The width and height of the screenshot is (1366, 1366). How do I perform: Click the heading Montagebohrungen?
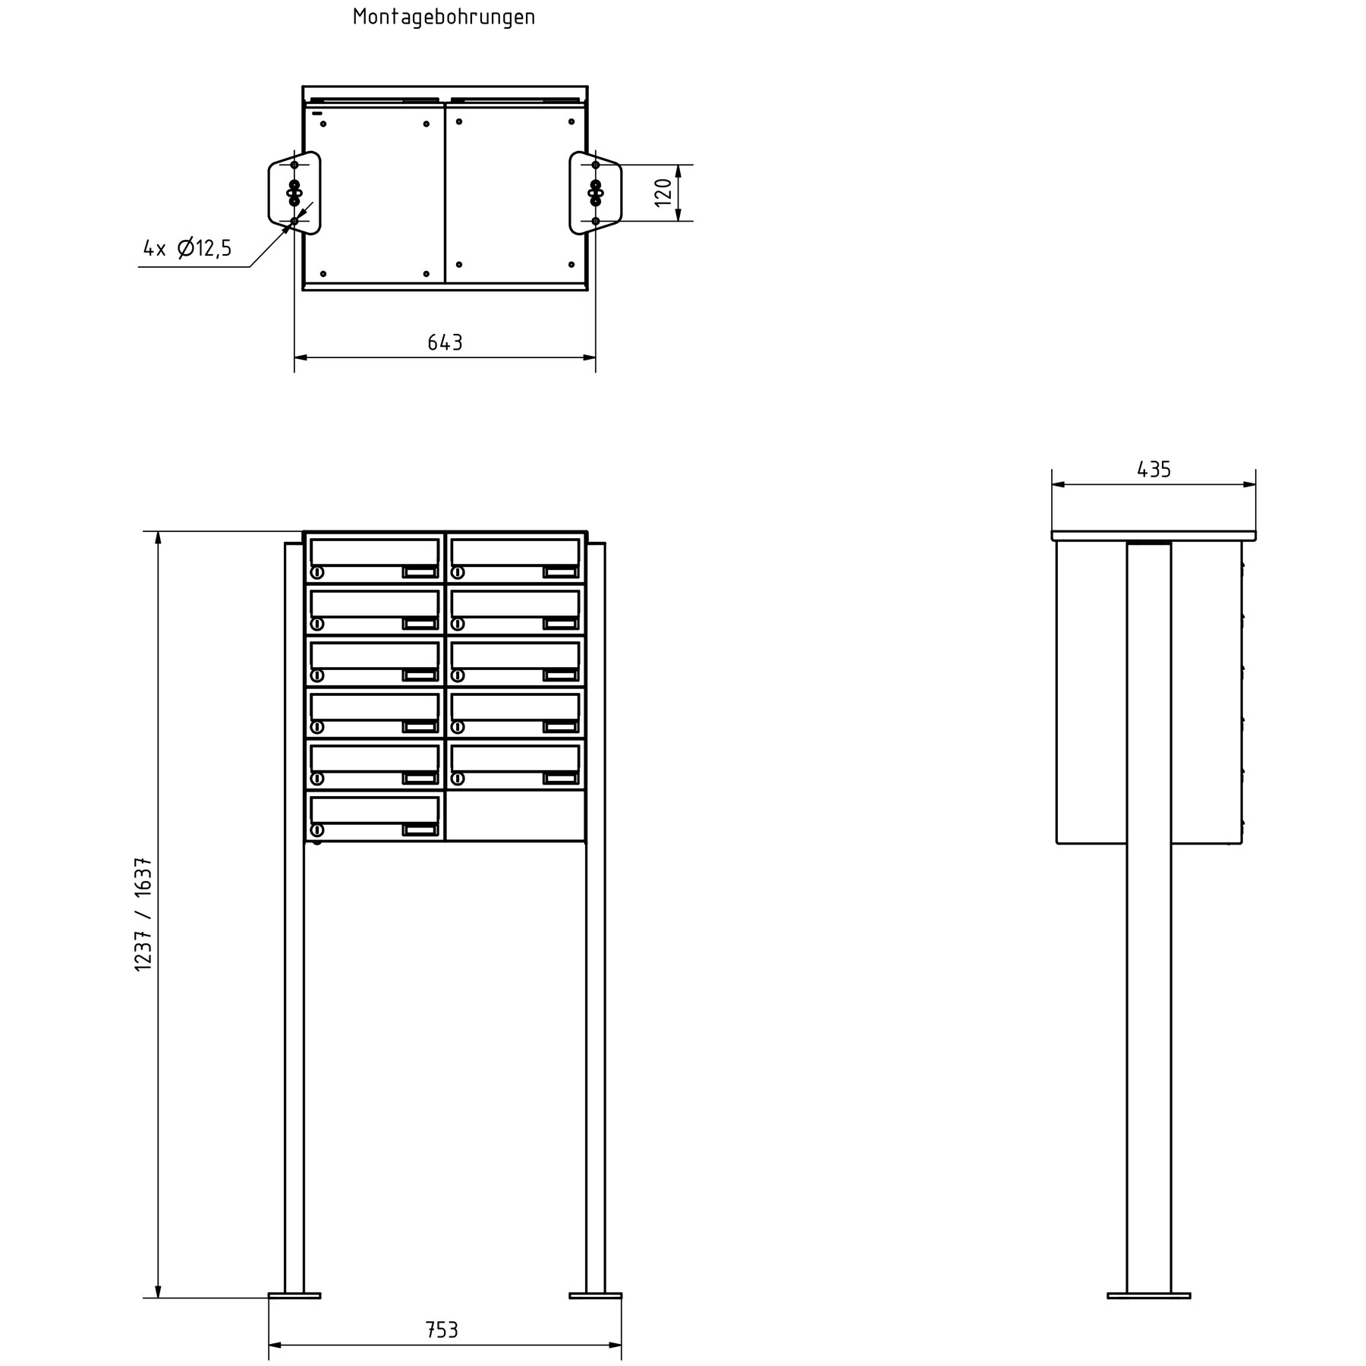[444, 17]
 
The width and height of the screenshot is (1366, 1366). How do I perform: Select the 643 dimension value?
[445, 343]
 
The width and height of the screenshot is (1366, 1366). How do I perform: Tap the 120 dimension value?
[663, 193]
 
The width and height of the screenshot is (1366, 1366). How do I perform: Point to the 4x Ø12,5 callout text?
[187, 248]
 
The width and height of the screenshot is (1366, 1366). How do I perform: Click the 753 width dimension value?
[442, 1330]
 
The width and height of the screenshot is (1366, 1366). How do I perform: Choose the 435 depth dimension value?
[1154, 470]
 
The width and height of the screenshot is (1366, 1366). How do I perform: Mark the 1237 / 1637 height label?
[143, 914]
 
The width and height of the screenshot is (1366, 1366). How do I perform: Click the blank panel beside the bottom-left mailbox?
[515, 816]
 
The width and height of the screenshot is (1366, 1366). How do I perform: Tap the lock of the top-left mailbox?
[317, 572]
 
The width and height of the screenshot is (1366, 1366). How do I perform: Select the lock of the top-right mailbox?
[458, 572]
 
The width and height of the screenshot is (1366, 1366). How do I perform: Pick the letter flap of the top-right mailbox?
[515, 551]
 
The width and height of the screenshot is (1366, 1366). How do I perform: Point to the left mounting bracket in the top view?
[294, 193]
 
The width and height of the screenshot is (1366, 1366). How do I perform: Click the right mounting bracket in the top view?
[596, 193]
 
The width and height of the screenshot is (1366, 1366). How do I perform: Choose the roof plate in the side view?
[1154, 536]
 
